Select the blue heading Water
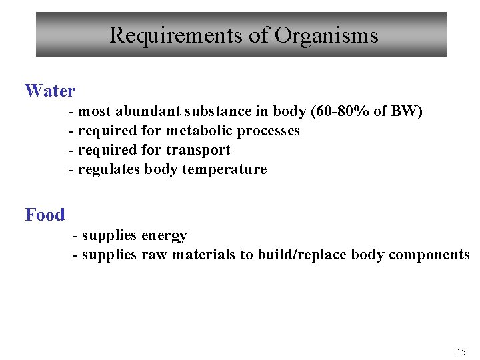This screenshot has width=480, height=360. pos(50,91)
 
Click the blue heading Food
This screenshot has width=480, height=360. pos(45,215)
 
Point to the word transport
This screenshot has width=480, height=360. pos(198,150)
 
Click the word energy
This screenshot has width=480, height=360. pos(164,235)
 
